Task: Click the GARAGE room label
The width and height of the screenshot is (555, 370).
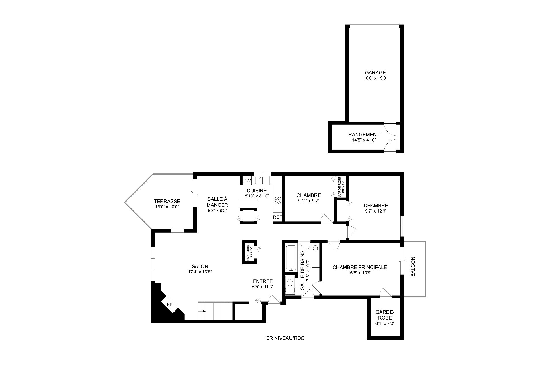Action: coord(375,73)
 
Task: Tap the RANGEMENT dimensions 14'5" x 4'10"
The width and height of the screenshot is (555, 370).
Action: coord(364,140)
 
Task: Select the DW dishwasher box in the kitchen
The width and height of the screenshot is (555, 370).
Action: coord(247,181)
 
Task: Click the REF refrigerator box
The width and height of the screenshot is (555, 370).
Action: coord(277,217)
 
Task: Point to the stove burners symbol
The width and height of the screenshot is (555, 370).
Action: coord(277,200)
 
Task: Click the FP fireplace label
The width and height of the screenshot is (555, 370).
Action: coord(170,305)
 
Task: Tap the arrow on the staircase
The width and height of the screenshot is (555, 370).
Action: coord(204,311)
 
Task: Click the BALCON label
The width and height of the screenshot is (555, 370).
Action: coord(413,267)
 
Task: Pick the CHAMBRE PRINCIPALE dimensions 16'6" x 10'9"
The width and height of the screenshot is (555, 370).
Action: coord(359,272)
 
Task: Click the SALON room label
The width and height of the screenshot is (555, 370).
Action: coord(200,267)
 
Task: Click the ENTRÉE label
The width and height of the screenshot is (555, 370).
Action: coord(262,281)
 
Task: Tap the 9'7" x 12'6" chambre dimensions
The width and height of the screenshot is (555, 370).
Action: coord(375,211)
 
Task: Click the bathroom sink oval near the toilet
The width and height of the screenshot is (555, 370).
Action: coord(316,248)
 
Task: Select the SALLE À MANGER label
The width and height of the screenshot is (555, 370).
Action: coord(217,202)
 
